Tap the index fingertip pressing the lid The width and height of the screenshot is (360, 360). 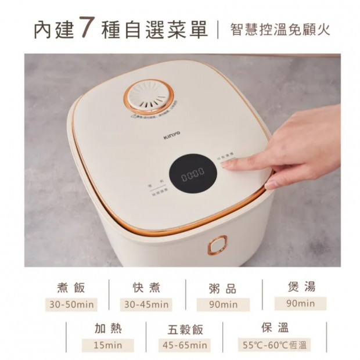(x=228, y=164)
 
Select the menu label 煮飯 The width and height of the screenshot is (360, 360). (x=71, y=287)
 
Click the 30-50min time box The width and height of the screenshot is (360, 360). (x=71, y=304)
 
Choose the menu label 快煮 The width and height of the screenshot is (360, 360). (x=146, y=287)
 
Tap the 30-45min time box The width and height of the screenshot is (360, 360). (x=146, y=304)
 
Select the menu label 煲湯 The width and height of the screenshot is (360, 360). (x=301, y=286)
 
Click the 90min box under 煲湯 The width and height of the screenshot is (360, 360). (x=301, y=303)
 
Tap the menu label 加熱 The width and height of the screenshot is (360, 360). (x=108, y=328)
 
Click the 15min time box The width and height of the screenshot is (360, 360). (x=108, y=345)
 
